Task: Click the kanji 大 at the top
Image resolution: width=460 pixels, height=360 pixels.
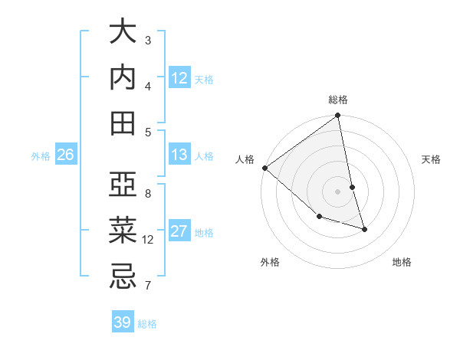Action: point(123,32)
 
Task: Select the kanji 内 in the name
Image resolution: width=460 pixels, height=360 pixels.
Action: point(123,77)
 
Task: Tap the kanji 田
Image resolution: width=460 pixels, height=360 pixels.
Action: point(123,123)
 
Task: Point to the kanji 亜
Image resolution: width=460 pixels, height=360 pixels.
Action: point(123,185)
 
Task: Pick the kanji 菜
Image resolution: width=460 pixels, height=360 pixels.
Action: point(123,231)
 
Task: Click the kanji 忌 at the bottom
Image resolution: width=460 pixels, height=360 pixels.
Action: point(123,277)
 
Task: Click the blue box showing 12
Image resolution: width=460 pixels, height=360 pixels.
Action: point(179,78)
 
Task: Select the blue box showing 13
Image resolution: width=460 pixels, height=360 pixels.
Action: point(179,155)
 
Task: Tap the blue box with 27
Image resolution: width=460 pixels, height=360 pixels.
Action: point(179,231)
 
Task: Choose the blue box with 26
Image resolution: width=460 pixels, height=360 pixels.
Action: point(66,155)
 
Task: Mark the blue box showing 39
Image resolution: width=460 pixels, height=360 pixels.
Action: point(123,322)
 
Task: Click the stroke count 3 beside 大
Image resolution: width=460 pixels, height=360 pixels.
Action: point(148,40)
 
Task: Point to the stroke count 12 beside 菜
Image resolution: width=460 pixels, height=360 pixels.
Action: point(149,239)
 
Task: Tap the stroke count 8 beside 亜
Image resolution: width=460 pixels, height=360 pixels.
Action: point(148,193)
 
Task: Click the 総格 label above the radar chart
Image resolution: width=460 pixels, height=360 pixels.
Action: point(338,100)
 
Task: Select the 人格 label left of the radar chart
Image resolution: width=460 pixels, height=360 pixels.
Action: point(245,159)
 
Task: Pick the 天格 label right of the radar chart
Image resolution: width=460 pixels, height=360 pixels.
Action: point(431,159)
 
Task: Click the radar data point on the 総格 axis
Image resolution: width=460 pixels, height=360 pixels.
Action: point(338,116)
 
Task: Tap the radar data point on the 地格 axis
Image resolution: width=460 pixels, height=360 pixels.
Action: point(364,229)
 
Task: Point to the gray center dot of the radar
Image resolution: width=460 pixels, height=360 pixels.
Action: point(338,191)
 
